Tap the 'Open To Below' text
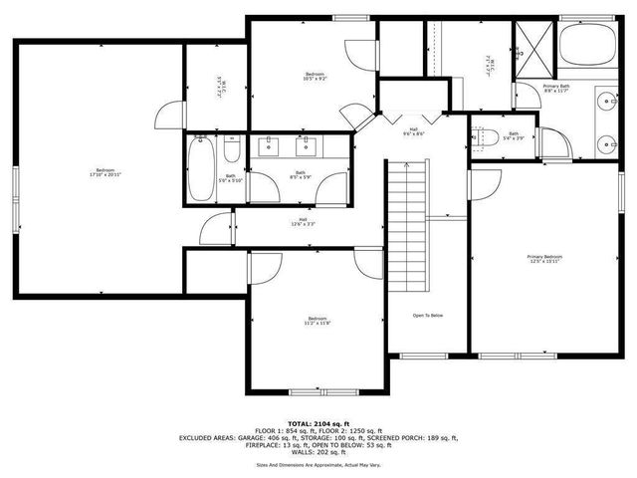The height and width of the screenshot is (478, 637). click(427, 316)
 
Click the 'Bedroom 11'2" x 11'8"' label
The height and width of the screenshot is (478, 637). click(317, 321)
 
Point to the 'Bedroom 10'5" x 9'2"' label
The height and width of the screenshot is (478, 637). click(315, 76)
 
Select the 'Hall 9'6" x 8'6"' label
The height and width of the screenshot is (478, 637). click(413, 131)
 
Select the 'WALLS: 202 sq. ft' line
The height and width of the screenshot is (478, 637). click(318, 453)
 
